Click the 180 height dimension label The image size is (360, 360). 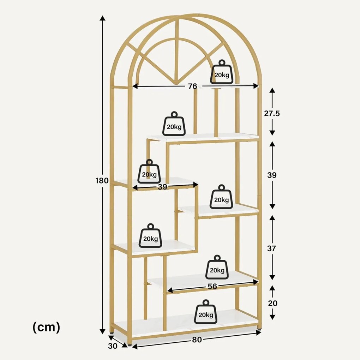click(x=102, y=181)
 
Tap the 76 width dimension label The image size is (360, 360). click(x=192, y=86)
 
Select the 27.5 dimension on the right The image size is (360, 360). click(x=272, y=113)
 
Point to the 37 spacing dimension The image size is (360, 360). click(x=271, y=248)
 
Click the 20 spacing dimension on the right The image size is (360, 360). click(x=272, y=303)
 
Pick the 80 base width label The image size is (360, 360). click(x=197, y=340)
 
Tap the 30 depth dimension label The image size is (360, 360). click(x=113, y=346)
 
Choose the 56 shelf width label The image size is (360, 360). click(x=212, y=286)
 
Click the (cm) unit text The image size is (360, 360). click(x=46, y=327)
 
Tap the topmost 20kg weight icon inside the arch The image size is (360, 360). click(x=222, y=74)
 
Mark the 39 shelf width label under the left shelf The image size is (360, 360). click(x=162, y=187)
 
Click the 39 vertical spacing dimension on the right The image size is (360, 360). click(x=272, y=175)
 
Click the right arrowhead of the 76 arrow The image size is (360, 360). click(x=257, y=85)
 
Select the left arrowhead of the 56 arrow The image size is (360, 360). click(x=169, y=290)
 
